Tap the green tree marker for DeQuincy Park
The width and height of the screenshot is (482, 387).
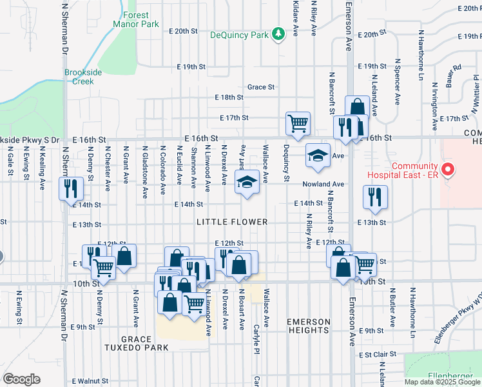278,34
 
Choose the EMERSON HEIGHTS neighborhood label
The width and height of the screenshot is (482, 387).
309,326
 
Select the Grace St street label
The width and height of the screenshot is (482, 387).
261,87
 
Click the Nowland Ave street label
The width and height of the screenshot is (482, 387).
323,184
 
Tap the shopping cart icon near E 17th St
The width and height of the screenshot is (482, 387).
298,123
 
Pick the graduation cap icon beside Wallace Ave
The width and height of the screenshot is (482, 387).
246,182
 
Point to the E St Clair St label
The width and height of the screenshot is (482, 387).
377,355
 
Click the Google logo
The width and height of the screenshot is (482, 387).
21,379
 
